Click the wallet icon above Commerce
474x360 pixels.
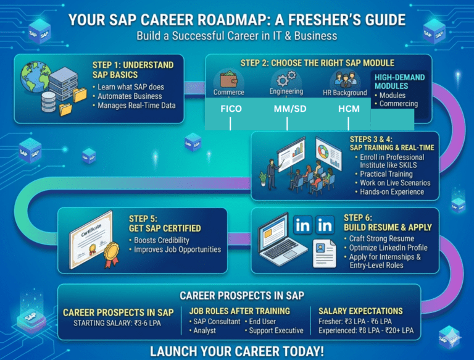coord(229,80)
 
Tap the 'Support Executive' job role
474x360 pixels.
coord(276,330)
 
